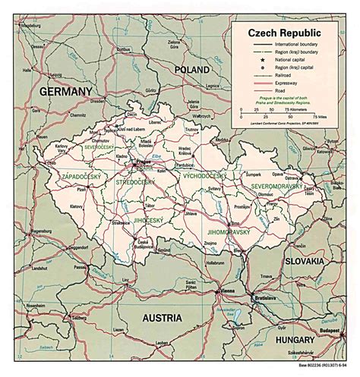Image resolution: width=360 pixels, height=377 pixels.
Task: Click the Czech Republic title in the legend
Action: pyautogui.click(x=283, y=34)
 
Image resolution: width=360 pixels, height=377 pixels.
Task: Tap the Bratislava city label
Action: pyautogui.click(x=264, y=297)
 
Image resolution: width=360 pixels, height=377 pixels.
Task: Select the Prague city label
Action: pyautogui.click(x=124, y=162)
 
